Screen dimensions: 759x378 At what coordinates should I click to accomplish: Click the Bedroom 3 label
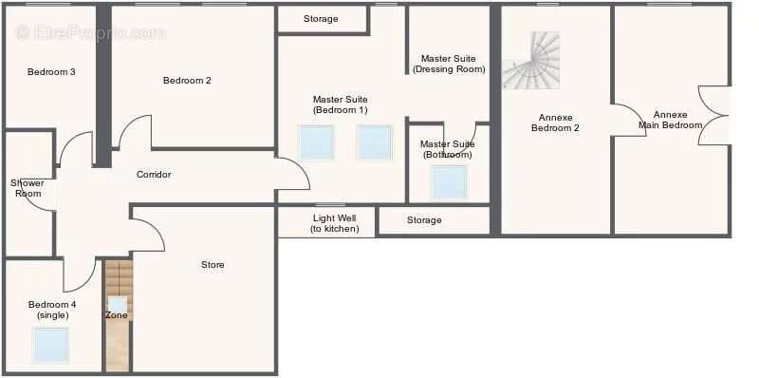pyautogui.click(x=51, y=72)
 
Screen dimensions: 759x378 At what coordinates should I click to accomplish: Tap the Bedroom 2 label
pyautogui.click(x=187, y=81)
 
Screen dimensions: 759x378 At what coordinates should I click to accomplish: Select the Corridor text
pyautogui.click(x=154, y=175)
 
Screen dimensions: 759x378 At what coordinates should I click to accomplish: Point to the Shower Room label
pyautogui.click(x=28, y=188)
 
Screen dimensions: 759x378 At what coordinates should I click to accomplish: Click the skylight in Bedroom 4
pyautogui.click(x=50, y=345)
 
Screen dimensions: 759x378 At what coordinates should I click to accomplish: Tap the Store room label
pyautogui.click(x=213, y=265)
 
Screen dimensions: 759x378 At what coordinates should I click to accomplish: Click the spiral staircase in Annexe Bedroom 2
pyautogui.click(x=531, y=61)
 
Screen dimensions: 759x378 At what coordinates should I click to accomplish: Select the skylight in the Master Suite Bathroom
pyautogui.click(x=450, y=182)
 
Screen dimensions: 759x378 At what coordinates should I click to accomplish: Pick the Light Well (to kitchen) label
pyautogui.click(x=335, y=224)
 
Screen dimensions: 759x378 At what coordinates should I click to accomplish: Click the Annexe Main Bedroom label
pyautogui.click(x=671, y=120)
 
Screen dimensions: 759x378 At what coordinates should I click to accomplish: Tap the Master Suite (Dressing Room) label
pyautogui.click(x=449, y=64)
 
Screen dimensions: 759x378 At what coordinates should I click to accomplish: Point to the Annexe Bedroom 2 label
pyautogui.click(x=555, y=123)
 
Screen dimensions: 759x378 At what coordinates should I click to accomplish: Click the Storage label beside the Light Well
pyautogui.click(x=424, y=220)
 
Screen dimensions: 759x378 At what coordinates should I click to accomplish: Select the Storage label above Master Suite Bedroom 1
pyautogui.click(x=321, y=19)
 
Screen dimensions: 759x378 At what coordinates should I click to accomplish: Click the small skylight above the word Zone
pyautogui.click(x=118, y=304)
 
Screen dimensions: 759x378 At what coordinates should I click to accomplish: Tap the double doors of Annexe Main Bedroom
pyautogui.click(x=713, y=116)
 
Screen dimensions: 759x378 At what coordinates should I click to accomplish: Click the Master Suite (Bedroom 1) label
pyautogui.click(x=341, y=104)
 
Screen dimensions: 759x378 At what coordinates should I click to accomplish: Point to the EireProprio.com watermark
pyautogui.click(x=90, y=33)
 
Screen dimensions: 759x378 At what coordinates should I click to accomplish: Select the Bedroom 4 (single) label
pyautogui.click(x=52, y=311)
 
